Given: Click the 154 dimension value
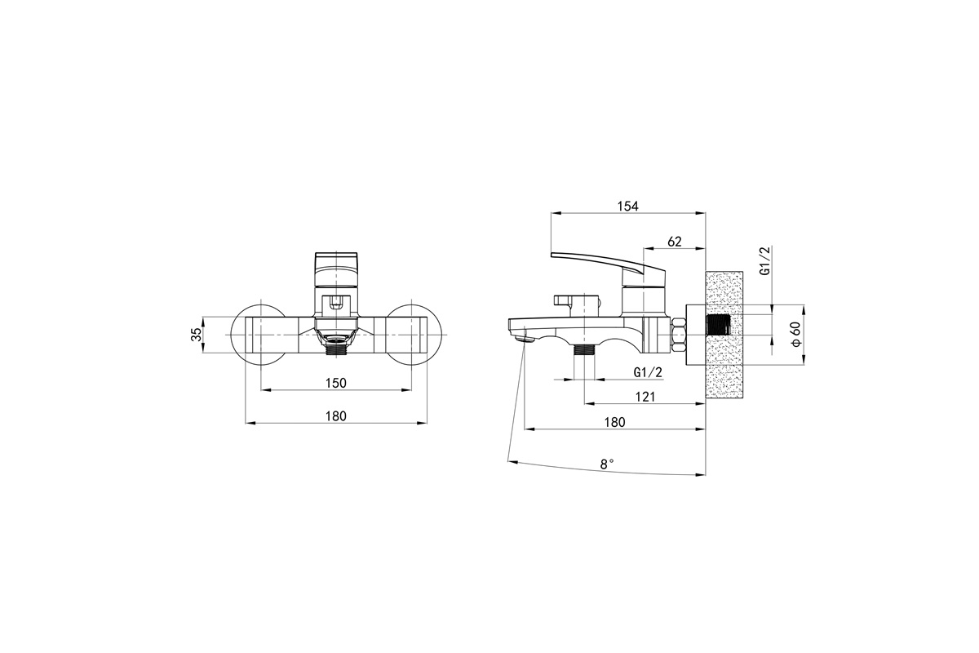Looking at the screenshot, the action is pyautogui.click(x=628, y=206).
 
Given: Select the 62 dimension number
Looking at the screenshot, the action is pyautogui.click(x=675, y=241).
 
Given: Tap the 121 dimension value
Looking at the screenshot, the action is pyautogui.click(x=645, y=397).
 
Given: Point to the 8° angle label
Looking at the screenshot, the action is pyautogui.click(x=607, y=464).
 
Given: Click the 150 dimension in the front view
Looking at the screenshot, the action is pyautogui.click(x=335, y=383).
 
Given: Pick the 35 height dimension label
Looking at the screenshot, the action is pyautogui.click(x=197, y=334).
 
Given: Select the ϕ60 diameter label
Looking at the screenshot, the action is pyautogui.click(x=796, y=335).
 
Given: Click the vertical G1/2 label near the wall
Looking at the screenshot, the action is pyautogui.click(x=764, y=260).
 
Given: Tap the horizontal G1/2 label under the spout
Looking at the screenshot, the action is pyautogui.click(x=648, y=372).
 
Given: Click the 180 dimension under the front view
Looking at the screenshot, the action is pyautogui.click(x=335, y=416).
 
